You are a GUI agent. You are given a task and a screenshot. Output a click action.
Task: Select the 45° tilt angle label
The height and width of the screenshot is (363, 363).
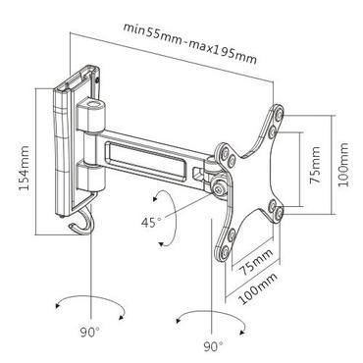pyautogui.click(x=149, y=222)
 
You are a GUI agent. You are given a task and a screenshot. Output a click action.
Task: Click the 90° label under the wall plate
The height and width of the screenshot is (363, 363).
pyautogui.click(x=90, y=332)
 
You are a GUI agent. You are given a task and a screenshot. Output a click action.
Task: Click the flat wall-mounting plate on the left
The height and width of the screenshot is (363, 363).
pyautogui.click(x=61, y=147)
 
